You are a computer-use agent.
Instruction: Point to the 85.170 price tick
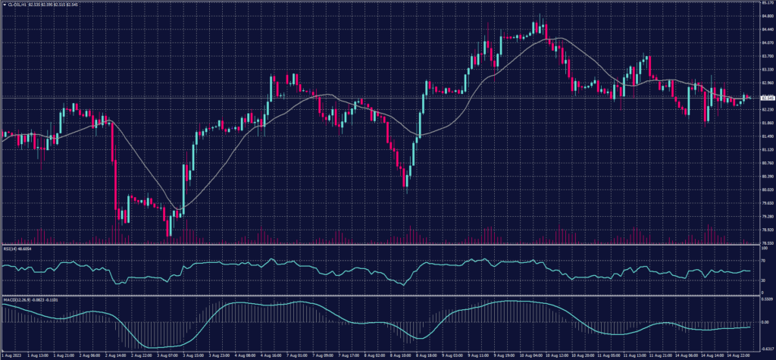pos(765,4)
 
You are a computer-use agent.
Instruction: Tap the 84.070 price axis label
pos(765,43)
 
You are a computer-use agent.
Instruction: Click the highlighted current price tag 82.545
pos(766,97)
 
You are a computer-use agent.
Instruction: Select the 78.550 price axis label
pos(765,243)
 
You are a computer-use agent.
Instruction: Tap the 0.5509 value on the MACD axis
pos(765,300)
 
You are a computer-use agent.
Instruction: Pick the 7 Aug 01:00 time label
pos(295,355)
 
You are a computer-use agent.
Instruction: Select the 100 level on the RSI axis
pos(761,248)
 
